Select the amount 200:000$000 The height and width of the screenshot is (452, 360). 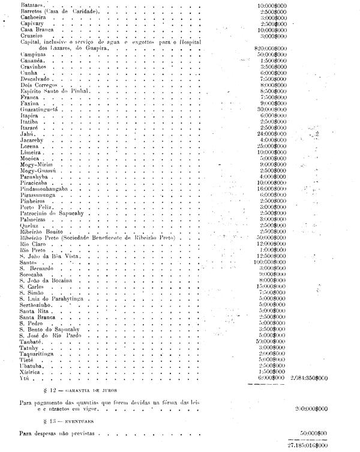pos(312,408)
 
